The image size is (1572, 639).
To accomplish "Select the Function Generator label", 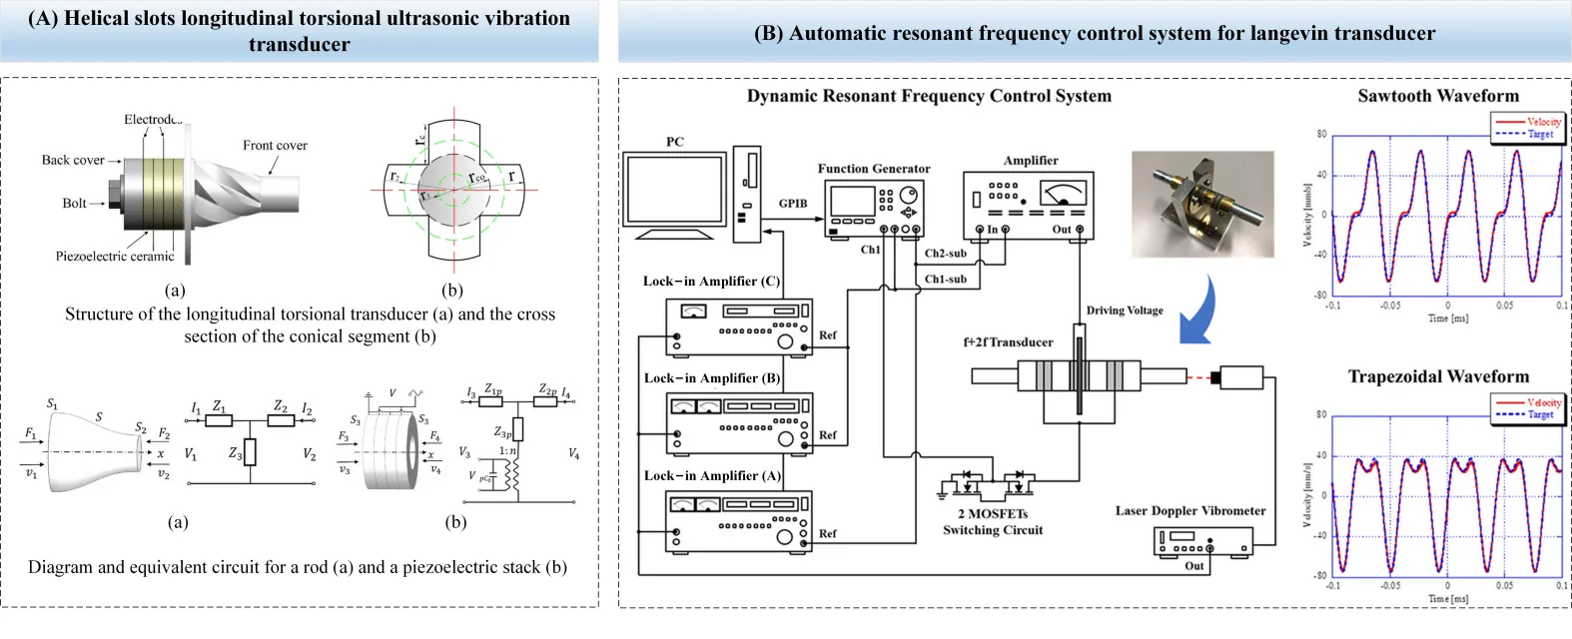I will coord(873,169).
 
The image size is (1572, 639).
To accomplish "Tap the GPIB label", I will coord(793,204).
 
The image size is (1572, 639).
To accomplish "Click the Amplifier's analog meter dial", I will coord(1062,193).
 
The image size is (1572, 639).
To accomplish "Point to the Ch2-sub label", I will coord(945,254).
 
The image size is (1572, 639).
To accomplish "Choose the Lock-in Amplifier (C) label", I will coord(711,282).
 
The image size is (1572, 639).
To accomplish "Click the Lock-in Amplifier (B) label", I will coord(711,378).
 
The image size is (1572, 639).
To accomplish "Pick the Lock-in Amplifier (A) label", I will coord(711,476).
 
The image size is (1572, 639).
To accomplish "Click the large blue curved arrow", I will coord(1202,310).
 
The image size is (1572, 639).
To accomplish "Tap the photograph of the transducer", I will coord(1201,204).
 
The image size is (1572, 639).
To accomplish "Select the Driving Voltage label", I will coord(1125,311).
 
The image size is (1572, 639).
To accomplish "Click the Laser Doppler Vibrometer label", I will coord(1190,511).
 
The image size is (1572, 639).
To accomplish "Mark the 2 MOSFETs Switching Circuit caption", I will coord(993,522).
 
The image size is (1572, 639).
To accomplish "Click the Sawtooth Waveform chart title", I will coord(1438,96).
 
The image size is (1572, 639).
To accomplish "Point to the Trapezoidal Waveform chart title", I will coord(1438,376).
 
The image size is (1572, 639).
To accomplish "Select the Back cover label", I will coord(73,160).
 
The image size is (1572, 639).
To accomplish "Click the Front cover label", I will coord(275,146).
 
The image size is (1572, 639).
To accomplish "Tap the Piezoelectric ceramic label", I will coord(115,257).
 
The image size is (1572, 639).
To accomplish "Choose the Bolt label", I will coord(75,204).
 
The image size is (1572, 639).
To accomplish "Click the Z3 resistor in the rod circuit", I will coord(250,452).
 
